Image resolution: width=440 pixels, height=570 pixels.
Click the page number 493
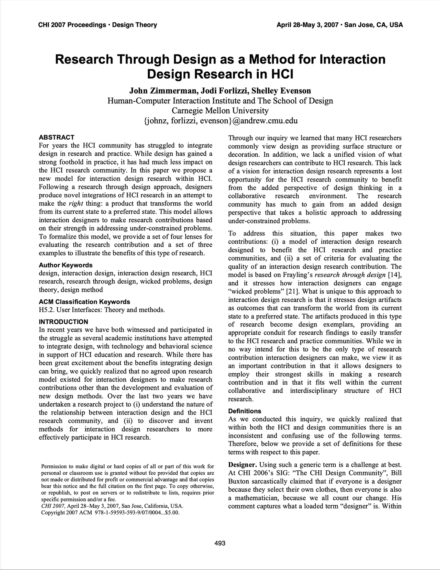[220, 543]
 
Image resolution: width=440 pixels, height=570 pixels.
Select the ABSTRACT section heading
[56, 137]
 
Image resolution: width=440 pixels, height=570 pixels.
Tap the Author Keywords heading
[66, 265]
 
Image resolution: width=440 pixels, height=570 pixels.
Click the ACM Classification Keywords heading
[84, 302]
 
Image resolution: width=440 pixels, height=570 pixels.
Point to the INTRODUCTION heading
[63, 322]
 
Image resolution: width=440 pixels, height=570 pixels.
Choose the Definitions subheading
[244, 411]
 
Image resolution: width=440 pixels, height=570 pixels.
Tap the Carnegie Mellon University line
[220, 111]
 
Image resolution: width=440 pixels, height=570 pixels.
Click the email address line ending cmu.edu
[220, 121]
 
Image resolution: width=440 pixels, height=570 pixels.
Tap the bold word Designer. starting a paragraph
[242, 465]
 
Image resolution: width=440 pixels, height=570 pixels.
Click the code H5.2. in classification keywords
[48, 310]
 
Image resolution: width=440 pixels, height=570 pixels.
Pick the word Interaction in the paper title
[352, 59]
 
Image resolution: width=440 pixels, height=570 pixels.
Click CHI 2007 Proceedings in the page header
[72, 25]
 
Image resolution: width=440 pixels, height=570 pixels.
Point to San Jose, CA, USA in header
[374, 25]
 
